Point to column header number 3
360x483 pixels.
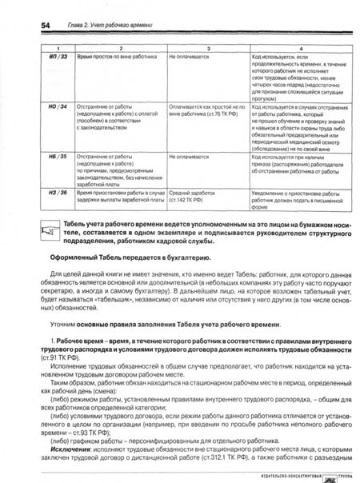pyautogui.click(x=207, y=50)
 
